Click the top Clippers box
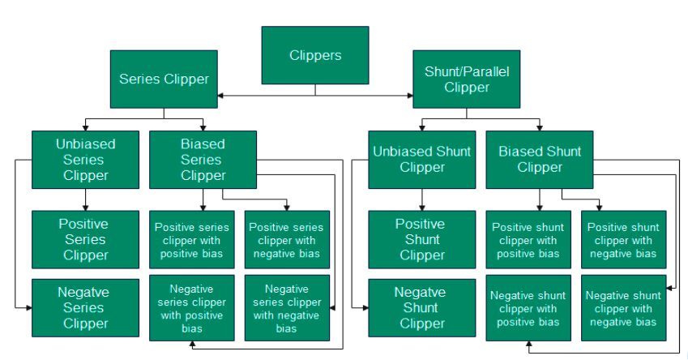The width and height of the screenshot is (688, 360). point(315,55)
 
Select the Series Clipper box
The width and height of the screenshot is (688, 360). point(164,79)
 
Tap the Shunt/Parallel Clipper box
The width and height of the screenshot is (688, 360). point(466,79)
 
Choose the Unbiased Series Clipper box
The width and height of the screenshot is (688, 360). point(86,159)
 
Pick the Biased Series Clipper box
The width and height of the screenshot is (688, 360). point(203,159)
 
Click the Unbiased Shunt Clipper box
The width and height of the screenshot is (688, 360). point(421,160)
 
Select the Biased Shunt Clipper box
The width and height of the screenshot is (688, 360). point(540,160)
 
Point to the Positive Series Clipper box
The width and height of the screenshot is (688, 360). point(86,239)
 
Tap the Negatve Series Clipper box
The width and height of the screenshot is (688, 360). point(86,307)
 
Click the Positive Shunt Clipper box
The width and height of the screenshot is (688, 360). point(421,239)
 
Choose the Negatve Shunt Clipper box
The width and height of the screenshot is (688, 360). point(421,307)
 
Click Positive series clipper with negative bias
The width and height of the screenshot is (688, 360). point(288,239)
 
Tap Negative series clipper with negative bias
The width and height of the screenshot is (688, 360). point(288,307)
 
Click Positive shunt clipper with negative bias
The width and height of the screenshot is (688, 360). point(623,240)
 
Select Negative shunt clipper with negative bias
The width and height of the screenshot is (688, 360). point(623,309)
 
